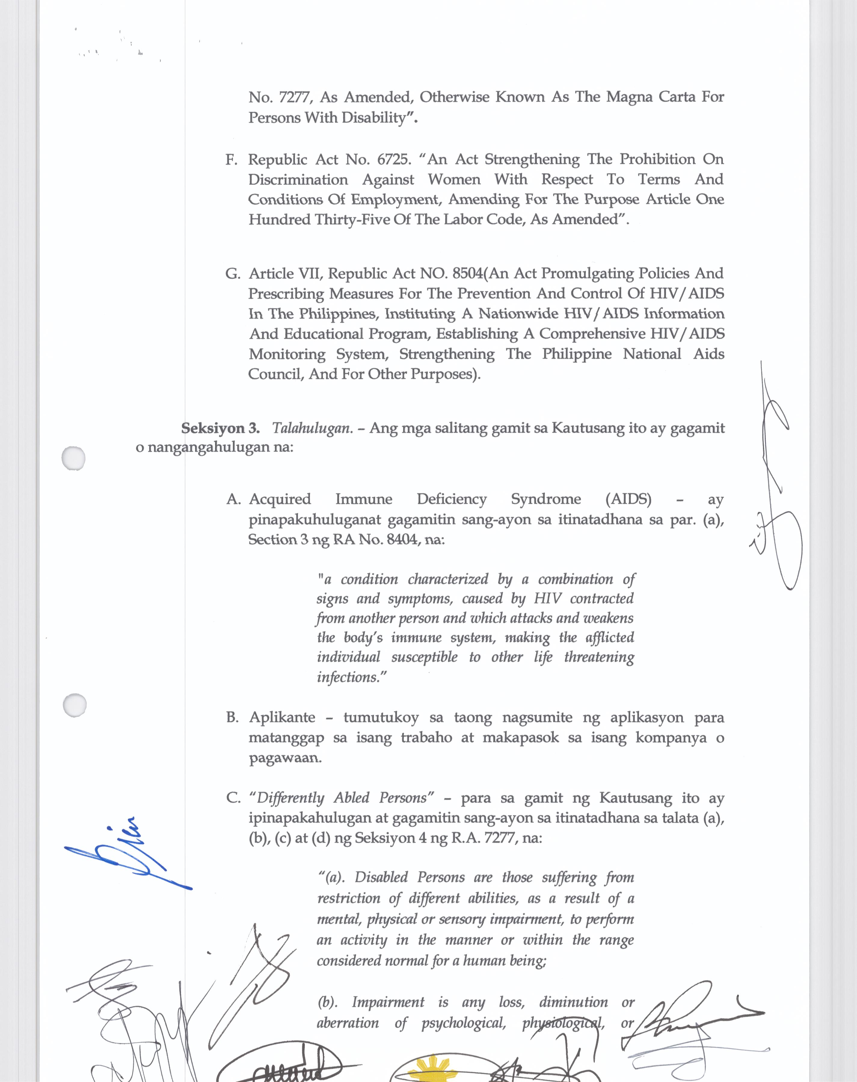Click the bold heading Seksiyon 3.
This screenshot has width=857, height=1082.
pos(220,428)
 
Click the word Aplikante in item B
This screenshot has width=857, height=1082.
pos(282,717)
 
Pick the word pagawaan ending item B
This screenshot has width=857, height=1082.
pos(285,758)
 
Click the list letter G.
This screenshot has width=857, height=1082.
pos(232,274)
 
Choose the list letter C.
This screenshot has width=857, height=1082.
pos(233,798)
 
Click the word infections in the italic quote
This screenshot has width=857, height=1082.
pos(348,677)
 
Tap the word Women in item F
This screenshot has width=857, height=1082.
pos(454,179)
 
